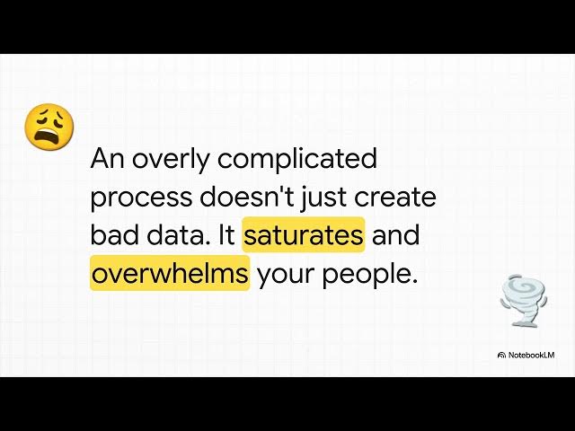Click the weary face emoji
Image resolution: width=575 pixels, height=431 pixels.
(x=49, y=127)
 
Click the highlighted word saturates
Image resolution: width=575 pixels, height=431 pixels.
(x=304, y=235)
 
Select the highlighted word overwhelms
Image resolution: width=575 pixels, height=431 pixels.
(x=169, y=273)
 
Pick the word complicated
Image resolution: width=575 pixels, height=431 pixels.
(x=297, y=160)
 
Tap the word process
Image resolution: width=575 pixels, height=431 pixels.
(x=141, y=198)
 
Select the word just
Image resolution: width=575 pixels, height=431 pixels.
(x=329, y=198)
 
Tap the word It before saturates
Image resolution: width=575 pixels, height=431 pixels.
(x=226, y=235)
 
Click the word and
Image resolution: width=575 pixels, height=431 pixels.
(x=396, y=235)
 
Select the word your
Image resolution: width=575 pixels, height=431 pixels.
(x=284, y=273)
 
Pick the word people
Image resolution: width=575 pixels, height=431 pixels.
(x=369, y=273)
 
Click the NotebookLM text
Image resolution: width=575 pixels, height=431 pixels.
(x=531, y=356)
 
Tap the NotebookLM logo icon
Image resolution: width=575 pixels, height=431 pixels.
(x=501, y=356)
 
